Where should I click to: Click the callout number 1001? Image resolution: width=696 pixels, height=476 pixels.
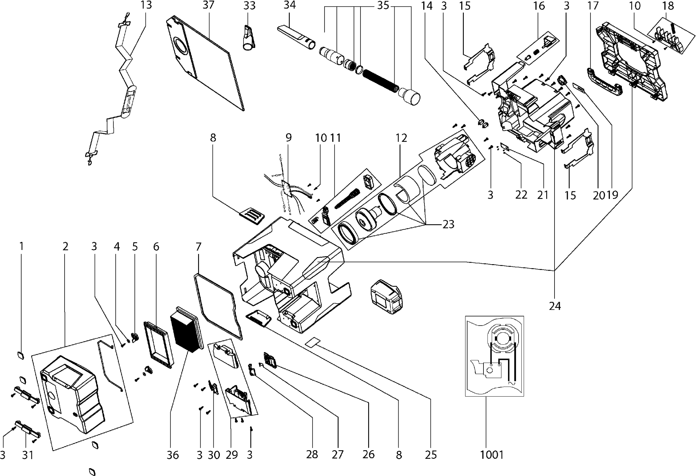point(491,454)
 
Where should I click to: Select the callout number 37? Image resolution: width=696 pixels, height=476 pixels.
point(208,5)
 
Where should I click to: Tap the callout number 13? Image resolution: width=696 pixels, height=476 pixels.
point(146,5)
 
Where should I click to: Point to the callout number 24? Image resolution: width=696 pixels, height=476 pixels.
point(555,306)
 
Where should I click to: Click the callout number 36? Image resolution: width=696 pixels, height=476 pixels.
point(173,455)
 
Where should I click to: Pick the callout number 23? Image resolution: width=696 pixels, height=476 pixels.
point(448,224)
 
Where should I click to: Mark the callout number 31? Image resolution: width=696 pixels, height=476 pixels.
point(27,455)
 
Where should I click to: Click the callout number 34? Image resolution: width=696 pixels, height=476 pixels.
point(289,5)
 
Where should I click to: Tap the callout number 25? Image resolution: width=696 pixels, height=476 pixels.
point(431,455)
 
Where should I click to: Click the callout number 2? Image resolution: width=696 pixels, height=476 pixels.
point(65,246)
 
